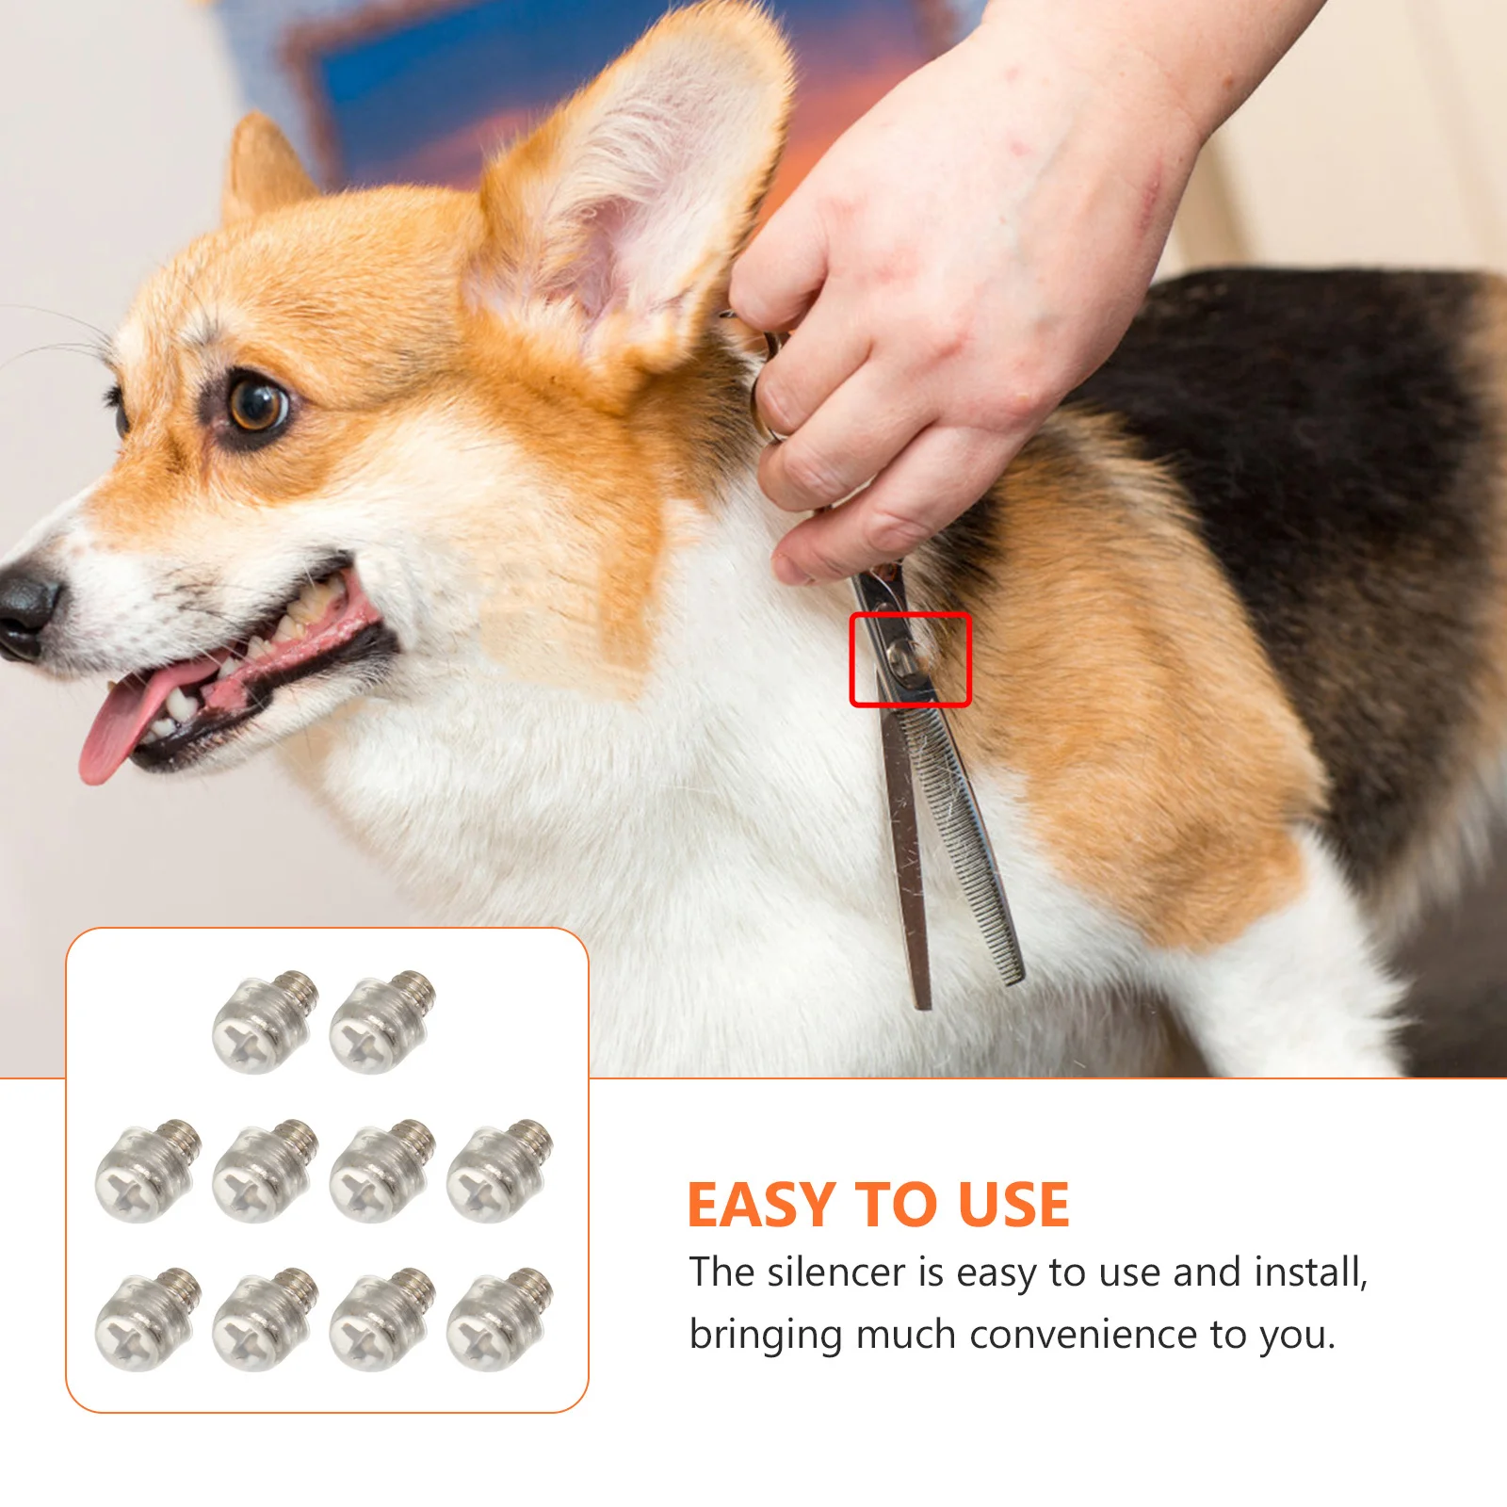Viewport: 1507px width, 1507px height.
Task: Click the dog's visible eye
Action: pos(257,405)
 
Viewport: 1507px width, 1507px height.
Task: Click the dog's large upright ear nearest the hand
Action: pos(640,198)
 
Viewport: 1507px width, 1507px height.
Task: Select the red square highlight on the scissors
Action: pos(910,659)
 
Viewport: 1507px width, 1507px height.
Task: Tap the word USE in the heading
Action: pos(1013,1205)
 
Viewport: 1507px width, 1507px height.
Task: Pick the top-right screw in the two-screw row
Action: pos(381,1023)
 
